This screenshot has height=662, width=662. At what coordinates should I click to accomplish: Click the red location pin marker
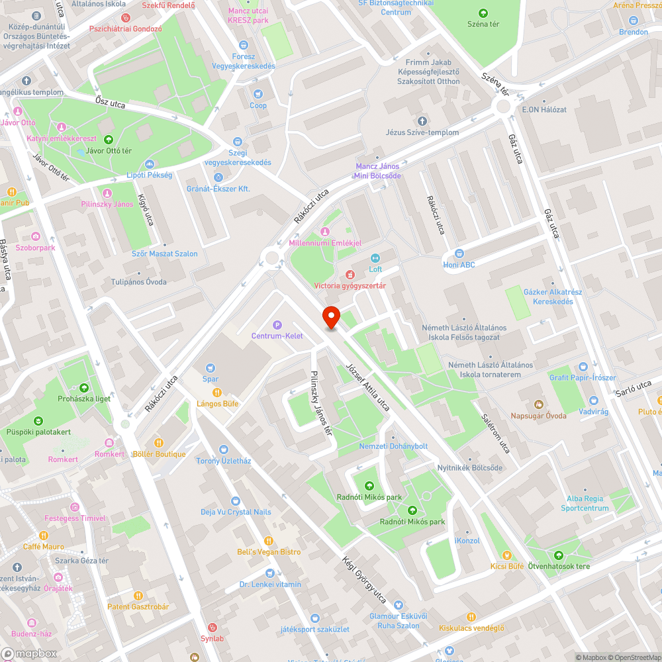[x=330, y=317]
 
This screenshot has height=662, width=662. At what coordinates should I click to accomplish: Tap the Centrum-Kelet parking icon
[x=277, y=324]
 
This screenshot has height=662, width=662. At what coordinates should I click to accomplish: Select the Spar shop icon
[x=211, y=368]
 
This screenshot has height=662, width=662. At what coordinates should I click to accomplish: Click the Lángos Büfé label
[x=217, y=403]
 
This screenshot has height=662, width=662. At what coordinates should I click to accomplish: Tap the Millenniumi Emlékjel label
[x=325, y=243]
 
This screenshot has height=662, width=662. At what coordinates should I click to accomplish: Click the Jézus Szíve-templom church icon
[x=422, y=120]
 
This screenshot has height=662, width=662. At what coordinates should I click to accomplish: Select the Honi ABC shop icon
[x=459, y=253]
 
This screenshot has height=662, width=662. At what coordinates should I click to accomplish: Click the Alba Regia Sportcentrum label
[x=585, y=504]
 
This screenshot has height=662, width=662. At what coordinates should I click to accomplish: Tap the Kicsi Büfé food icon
[x=507, y=555]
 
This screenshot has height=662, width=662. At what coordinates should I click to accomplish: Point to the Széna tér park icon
[x=483, y=13]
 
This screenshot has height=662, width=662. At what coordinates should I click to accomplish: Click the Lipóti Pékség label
[x=150, y=175]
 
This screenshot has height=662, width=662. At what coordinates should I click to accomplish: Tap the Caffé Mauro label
[x=43, y=546]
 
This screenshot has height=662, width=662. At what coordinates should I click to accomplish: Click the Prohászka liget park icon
[x=84, y=388]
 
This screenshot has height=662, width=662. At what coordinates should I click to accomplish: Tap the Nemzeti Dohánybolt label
[x=393, y=446]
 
